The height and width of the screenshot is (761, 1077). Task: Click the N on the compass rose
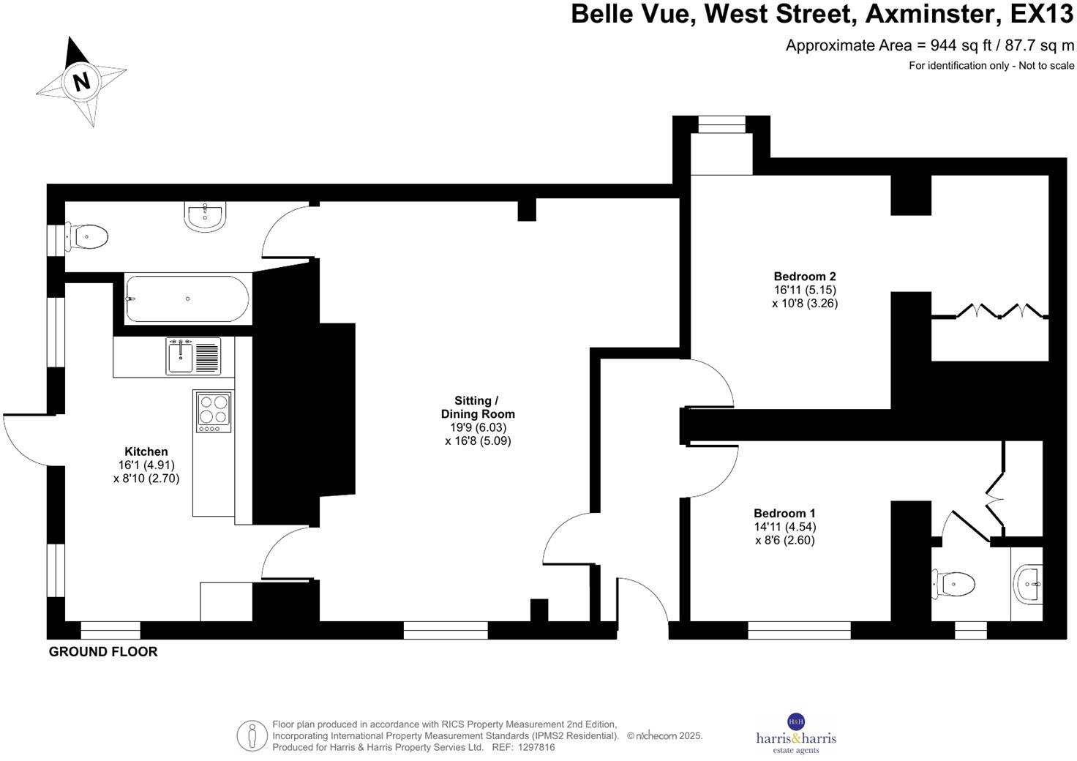pos(81,81)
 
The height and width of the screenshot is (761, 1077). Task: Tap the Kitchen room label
pos(146,451)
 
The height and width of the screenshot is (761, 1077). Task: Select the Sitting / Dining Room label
pos(477,407)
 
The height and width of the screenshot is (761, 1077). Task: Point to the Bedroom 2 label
pos(805,277)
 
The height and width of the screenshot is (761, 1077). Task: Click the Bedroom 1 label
pos(784,514)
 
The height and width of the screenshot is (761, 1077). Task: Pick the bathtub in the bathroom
pos(187,299)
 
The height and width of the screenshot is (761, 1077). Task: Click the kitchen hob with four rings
pos(214,410)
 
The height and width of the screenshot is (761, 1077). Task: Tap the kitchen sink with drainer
pos(193,356)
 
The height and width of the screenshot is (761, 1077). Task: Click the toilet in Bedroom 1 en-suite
pos(956,583)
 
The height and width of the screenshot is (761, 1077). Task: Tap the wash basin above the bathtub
pos(206,216)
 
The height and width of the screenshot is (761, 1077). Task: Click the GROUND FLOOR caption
pos(103,651)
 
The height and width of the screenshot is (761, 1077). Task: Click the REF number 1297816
pos(536,748)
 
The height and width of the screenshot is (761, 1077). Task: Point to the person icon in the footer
pos(252,735)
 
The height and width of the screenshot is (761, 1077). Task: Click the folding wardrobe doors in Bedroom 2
pos(988,312)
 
